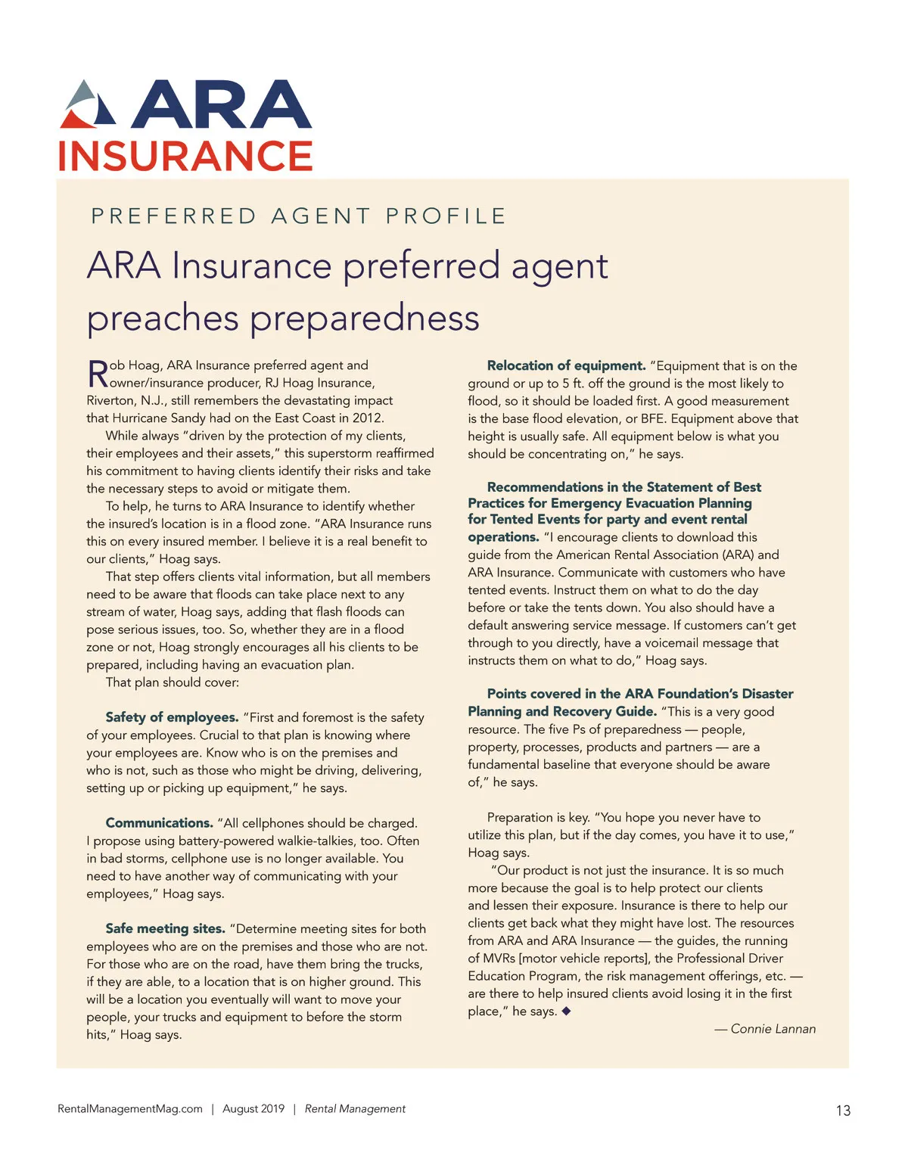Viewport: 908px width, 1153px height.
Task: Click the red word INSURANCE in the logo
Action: click(x=185, y=157)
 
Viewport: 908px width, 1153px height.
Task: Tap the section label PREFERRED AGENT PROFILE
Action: click(x=298, y=216)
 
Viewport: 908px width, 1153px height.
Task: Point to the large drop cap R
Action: click(x=98, y=374)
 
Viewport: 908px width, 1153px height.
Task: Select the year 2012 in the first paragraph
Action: click(x=367, y=418)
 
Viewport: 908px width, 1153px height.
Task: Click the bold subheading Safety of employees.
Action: click(x=172, y=717)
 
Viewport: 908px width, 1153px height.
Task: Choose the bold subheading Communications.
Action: click(x=160, y=823)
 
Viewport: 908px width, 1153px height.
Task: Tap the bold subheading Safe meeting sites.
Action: click(x=165, y=928)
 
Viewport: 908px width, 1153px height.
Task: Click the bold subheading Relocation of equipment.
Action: click(x=566, y=366)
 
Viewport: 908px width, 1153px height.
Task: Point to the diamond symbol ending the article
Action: click(x=566, y=1011)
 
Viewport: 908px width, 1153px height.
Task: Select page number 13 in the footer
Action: click(x=843, y=1111)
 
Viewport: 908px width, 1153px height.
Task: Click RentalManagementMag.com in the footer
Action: click(x=130, y=1109)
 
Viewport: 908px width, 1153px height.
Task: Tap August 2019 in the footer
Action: click(x=253, y=1109)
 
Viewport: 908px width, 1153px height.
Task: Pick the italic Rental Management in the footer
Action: click(x=355, y=1109)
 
